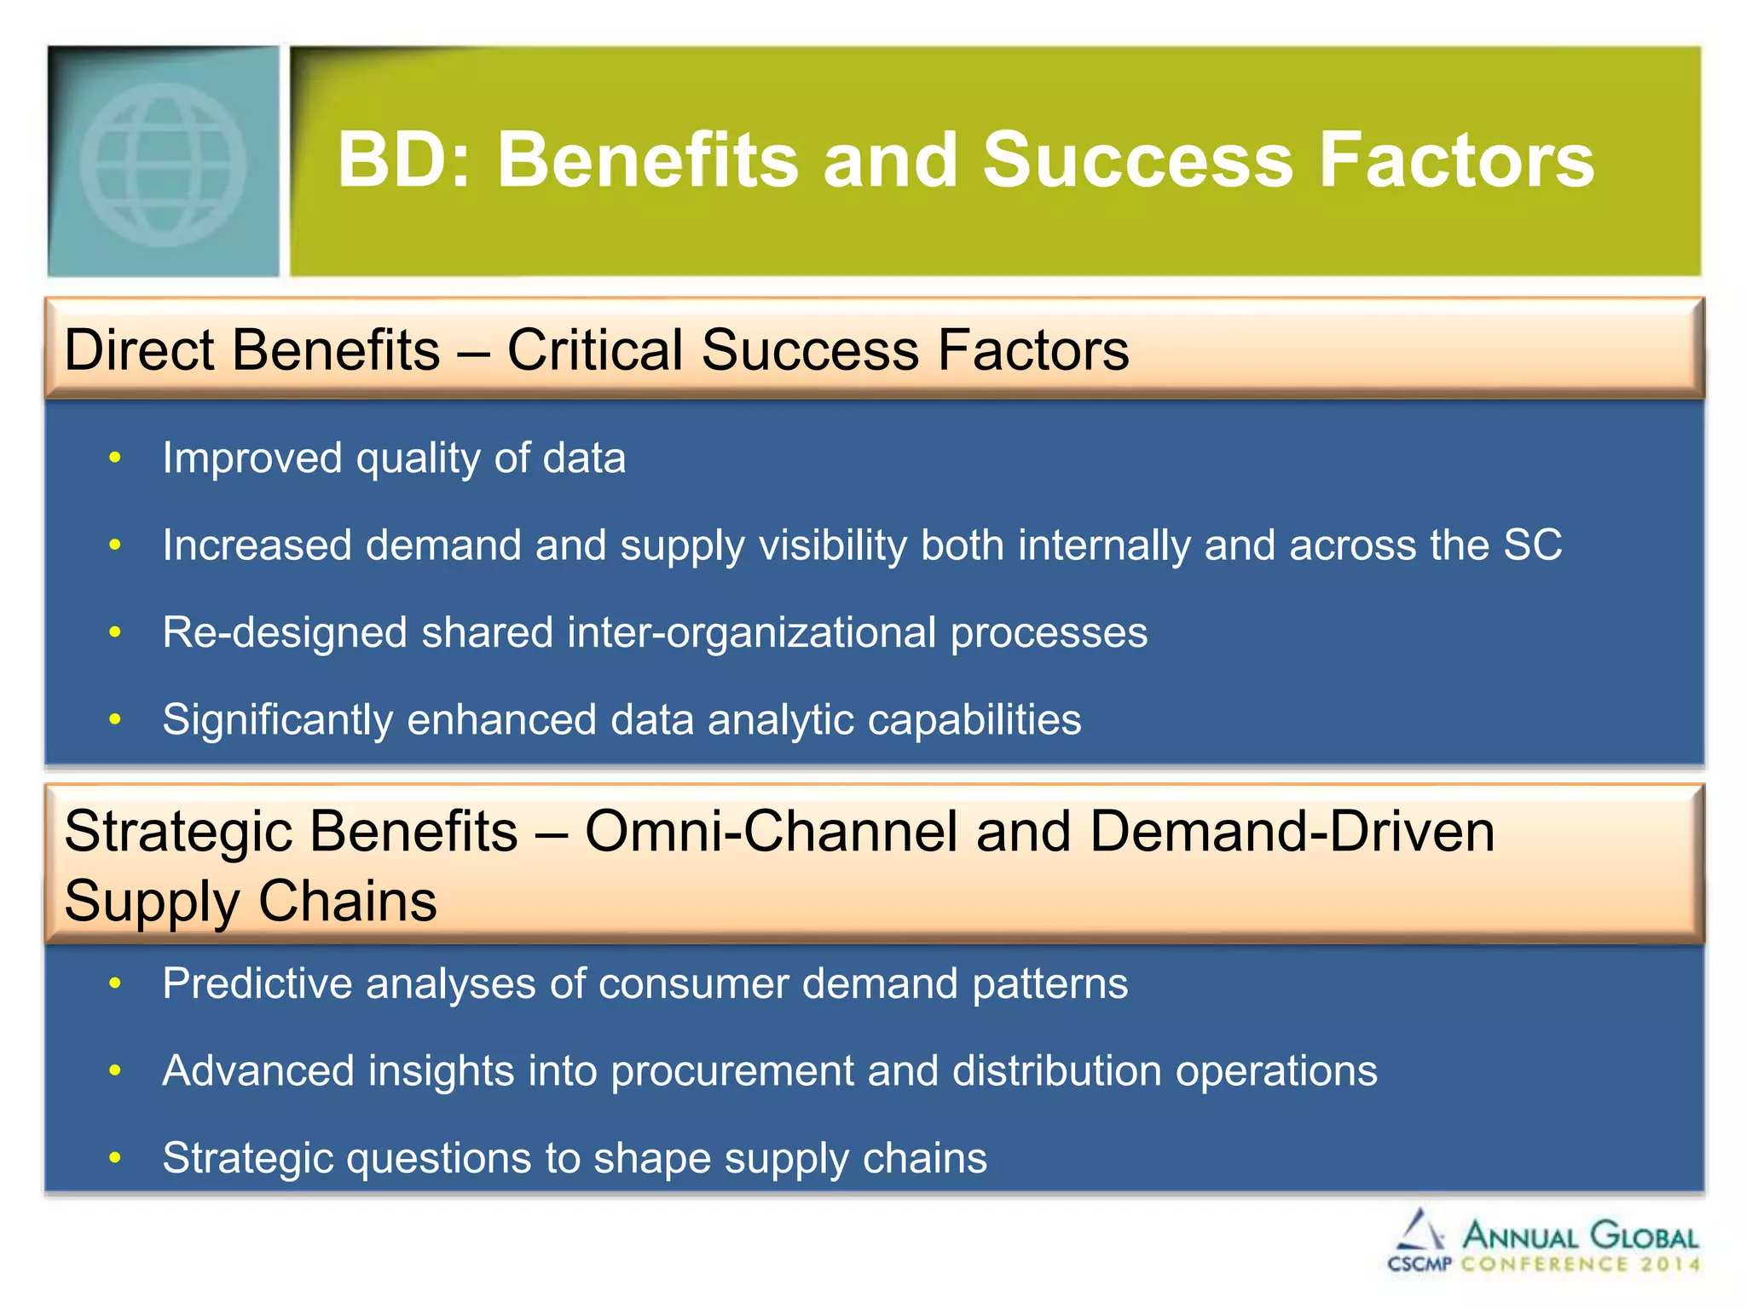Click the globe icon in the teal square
coord(163,164)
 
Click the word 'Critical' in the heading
coord(597,350)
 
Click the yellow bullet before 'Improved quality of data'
coord(115,458)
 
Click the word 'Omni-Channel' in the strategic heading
coord(772,832)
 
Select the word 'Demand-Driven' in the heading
coord(1292,832)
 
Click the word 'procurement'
coord(732,1071)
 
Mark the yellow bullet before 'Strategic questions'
coord(115,1158)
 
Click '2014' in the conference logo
coord(1669,1264)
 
